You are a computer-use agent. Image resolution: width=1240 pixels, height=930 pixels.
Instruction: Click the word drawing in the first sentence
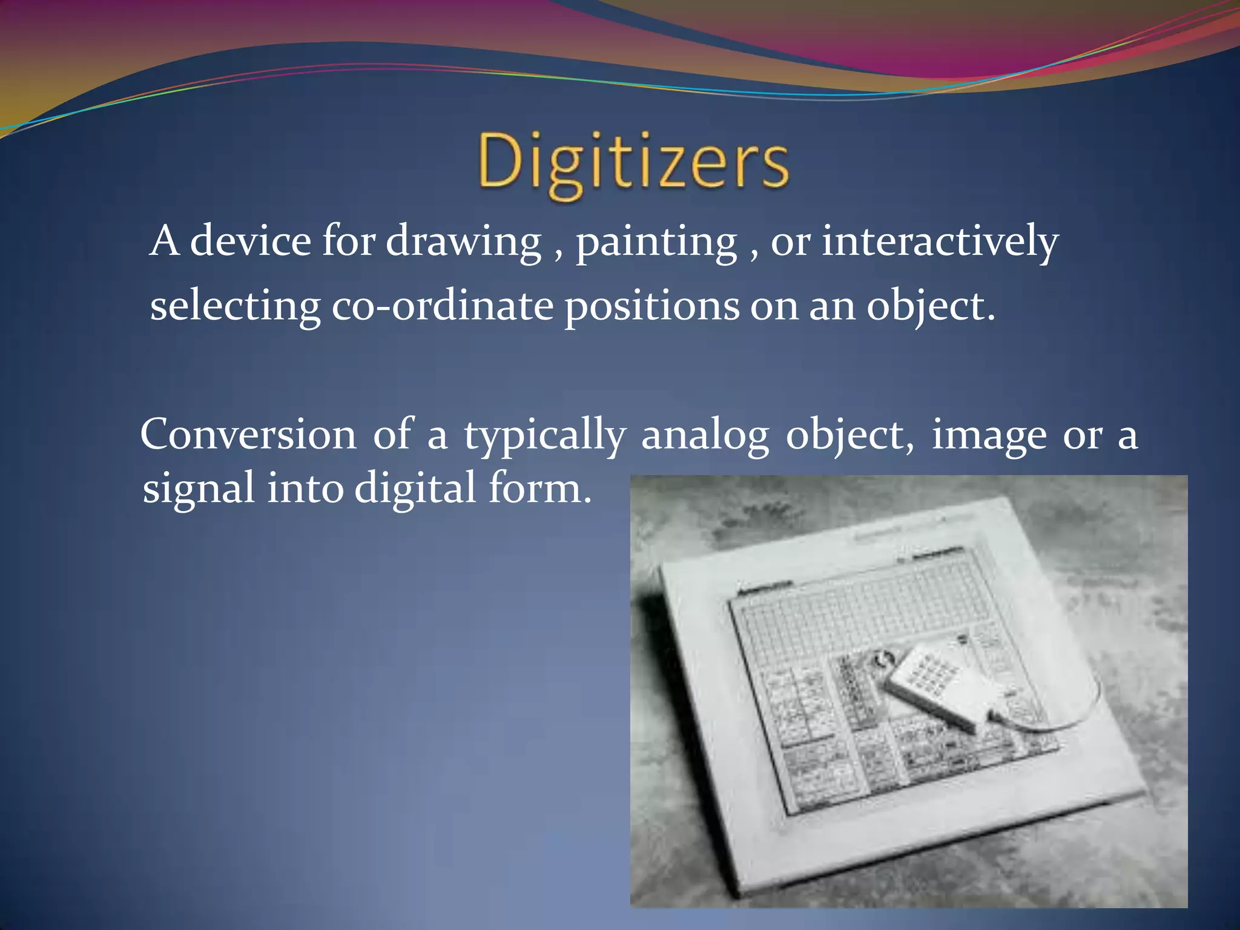(x=463, y=242)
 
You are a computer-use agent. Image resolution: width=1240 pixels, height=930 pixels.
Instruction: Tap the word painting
(x=656, y=242)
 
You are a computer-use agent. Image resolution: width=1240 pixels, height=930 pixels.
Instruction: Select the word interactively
(x=940, y=242)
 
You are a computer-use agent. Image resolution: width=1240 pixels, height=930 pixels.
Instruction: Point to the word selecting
(x=235, y=306)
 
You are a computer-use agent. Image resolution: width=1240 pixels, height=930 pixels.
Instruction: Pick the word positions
(x=651, y=306)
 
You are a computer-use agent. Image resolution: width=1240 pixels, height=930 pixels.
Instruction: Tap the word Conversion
(x=248, y=435)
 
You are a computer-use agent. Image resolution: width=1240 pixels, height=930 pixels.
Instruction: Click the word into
(x=305, y=488)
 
